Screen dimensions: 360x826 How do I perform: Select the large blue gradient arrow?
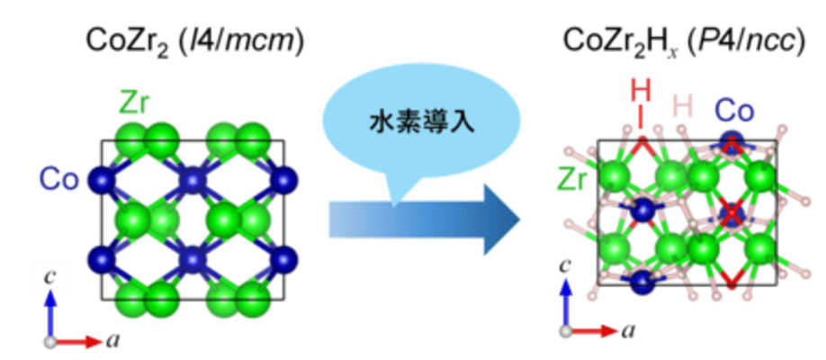tap(423, 219)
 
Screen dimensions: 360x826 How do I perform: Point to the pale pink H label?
tap(684, 106)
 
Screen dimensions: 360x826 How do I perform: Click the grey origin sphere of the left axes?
tap(51, 342)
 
